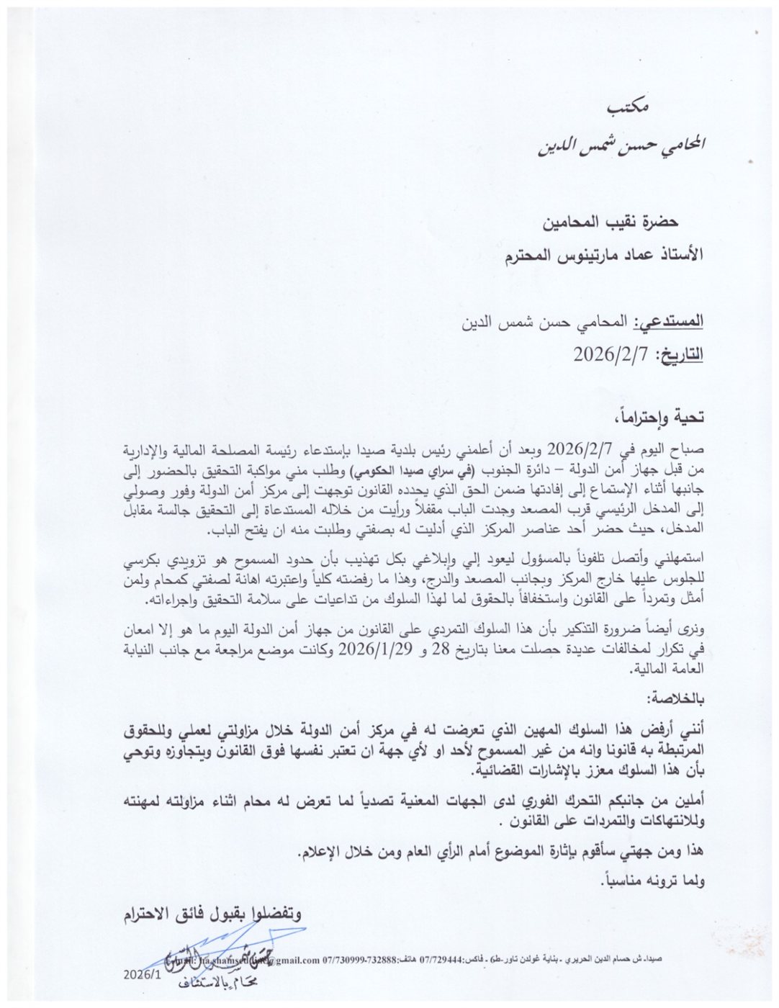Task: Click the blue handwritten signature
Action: coord(216,949)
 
